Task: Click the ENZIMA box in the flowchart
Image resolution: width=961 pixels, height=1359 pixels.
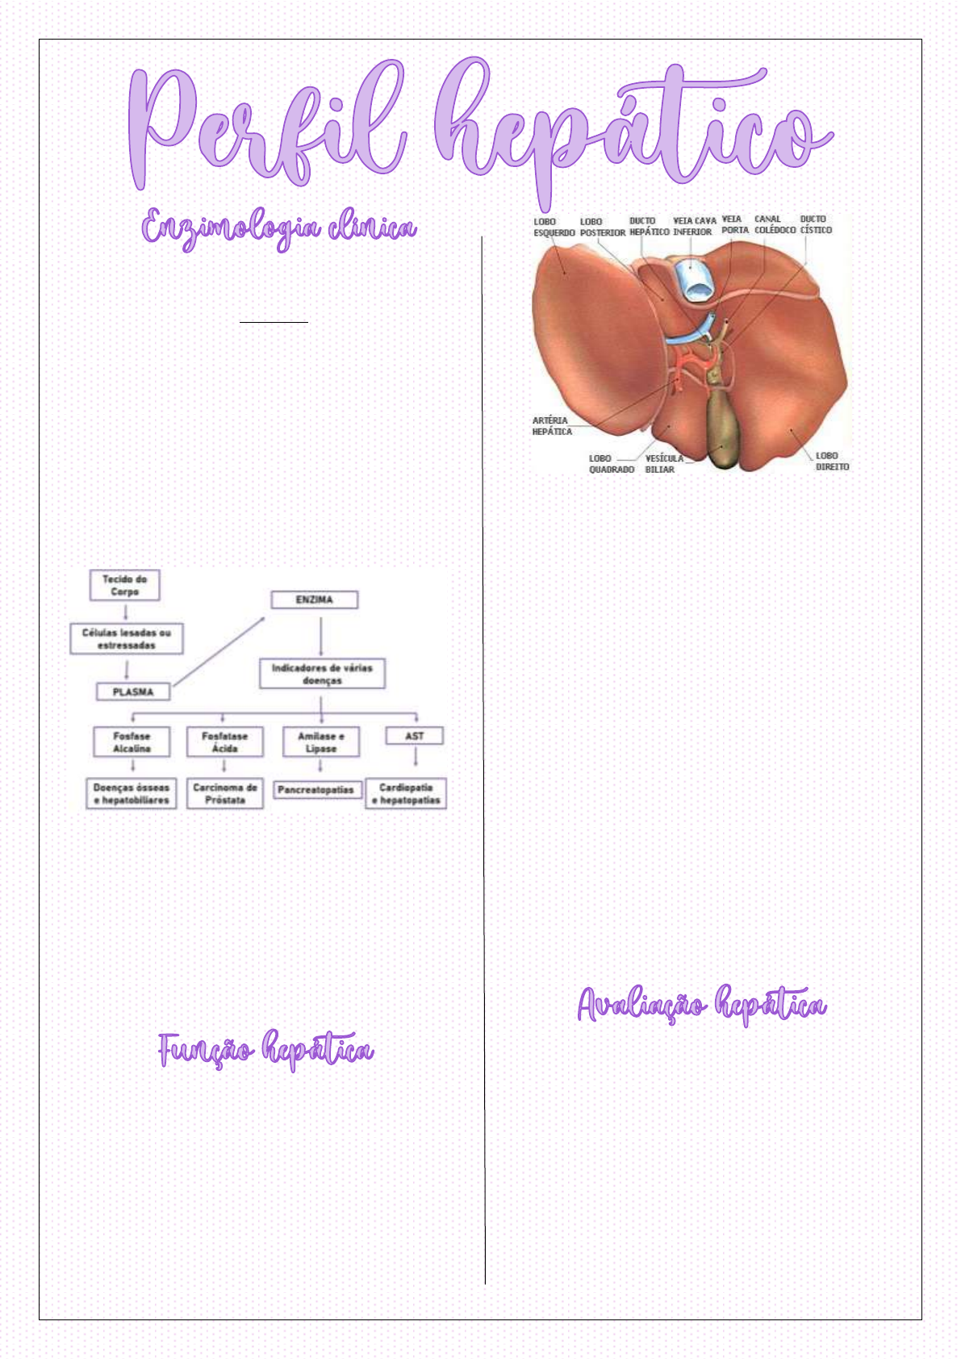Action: [x=314, y=600]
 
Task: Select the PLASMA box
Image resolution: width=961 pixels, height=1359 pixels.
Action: [x=133, y=692]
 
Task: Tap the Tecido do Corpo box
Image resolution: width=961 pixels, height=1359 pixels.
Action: [x=124, y=585]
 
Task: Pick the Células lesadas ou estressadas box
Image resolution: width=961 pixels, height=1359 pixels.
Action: [x=127, y=639]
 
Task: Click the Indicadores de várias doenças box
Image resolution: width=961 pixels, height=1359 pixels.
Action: [x=322, y=674]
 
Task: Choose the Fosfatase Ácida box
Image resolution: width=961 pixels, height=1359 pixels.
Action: [x=224, y=742]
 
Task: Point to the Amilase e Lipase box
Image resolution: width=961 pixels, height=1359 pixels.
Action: [x=320, y=742]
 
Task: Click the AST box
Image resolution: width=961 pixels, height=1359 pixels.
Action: [x=415, y=736]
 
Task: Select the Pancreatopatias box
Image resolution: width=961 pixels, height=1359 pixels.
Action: [x=315, y=790]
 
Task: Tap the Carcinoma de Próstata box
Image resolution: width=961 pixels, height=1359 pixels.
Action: [x=224, y=793]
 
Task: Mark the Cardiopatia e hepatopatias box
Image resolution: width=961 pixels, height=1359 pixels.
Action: [x=406, y=793]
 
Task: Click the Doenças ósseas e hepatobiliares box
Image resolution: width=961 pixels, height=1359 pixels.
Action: [x=132, y=793]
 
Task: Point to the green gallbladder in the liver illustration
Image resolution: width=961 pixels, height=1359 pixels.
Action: [x=724, y=428]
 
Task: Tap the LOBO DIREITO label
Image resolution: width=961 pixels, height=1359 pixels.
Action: [x=832, y=461]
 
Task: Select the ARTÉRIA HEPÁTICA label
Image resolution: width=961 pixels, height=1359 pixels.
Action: [x=552, y=426]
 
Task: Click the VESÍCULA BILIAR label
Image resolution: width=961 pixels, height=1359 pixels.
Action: [x=663, y=464]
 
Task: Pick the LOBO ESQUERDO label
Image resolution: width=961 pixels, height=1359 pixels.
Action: [x=554, y=227]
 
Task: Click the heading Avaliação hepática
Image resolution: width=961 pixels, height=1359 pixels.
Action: [x=701, y=1006]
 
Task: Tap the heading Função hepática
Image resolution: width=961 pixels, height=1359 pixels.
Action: [x=265, y=1051]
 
